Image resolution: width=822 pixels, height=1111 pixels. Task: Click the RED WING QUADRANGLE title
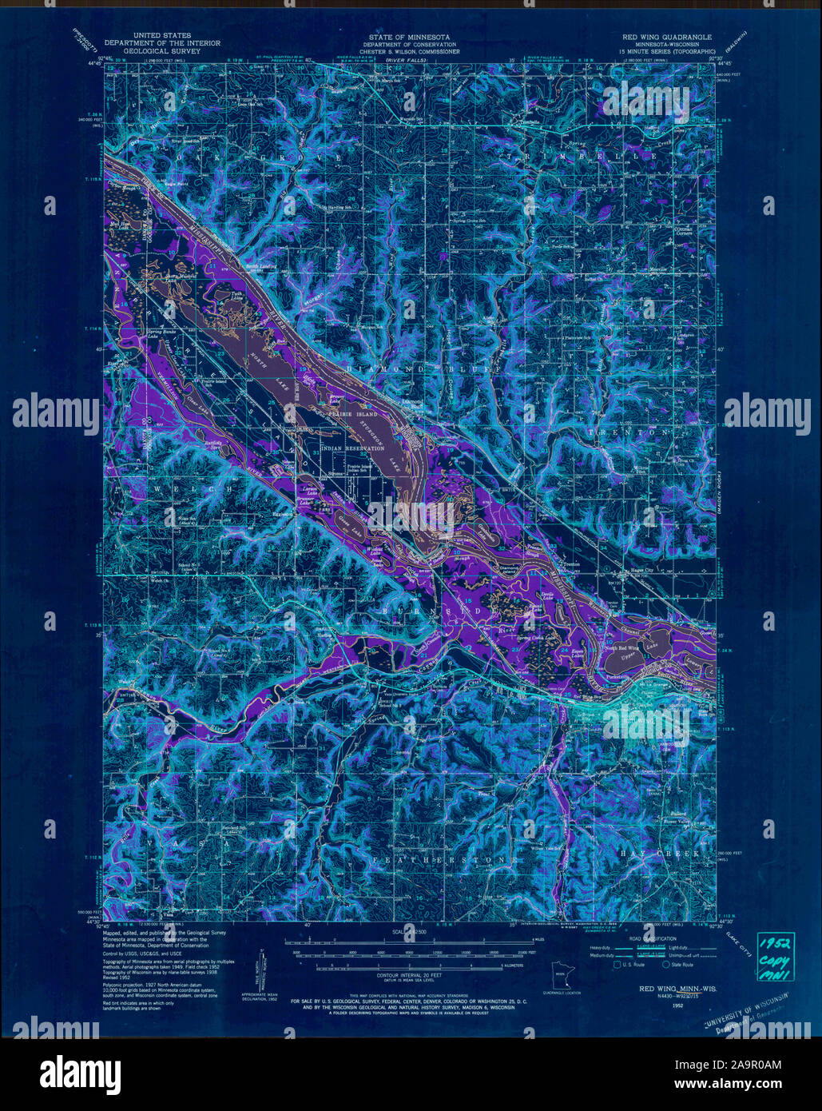coord(667,38)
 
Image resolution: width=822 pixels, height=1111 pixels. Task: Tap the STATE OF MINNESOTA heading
coord(409,38)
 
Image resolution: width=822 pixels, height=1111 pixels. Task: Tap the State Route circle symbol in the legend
coord(656,966)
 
